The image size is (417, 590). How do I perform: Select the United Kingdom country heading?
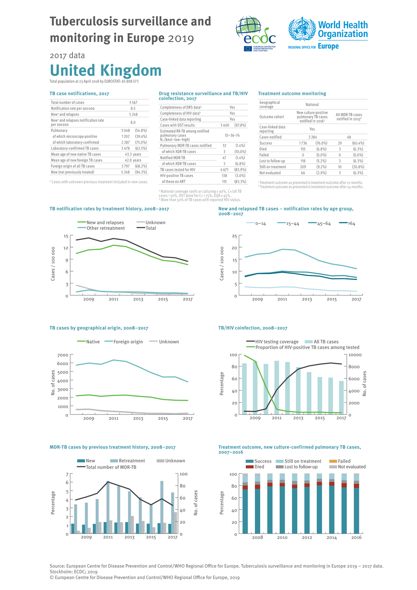tap(105, 70)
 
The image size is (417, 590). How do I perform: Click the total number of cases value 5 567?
tap(133, 103)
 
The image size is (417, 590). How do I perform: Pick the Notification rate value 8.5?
tap(133, 108)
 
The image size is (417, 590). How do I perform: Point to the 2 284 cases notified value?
tap(312, 137)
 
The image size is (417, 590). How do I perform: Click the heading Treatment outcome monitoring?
tap(292, 94)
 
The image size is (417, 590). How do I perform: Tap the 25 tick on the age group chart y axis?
tap(234, 236)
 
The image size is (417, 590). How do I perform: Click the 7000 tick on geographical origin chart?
tap(63, 355)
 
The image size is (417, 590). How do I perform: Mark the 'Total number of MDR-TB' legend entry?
tap(111, 467)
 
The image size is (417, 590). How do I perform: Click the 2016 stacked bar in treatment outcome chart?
tap(356, 504)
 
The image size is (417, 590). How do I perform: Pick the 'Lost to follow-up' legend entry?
tap(301, 467)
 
